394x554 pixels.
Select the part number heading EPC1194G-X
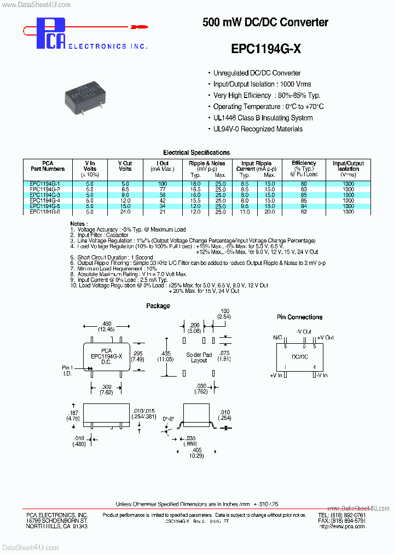pos(265,49)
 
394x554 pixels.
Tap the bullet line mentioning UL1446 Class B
pos(263,118)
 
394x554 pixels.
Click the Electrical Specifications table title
pos(196,153)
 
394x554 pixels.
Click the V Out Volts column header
pos(125,166)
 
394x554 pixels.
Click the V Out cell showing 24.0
pos(125,211)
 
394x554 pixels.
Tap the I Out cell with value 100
pos(163,184)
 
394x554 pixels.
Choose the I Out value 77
pos(163,189)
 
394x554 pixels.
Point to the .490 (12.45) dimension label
pos(107,326)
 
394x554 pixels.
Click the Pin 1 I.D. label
pos(67,371)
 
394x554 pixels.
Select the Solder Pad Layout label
pos(199,357)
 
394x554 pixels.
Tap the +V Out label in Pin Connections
pos(325,338)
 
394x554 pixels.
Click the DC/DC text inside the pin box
pos(299,356)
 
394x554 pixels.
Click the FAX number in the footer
pos(341,521)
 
